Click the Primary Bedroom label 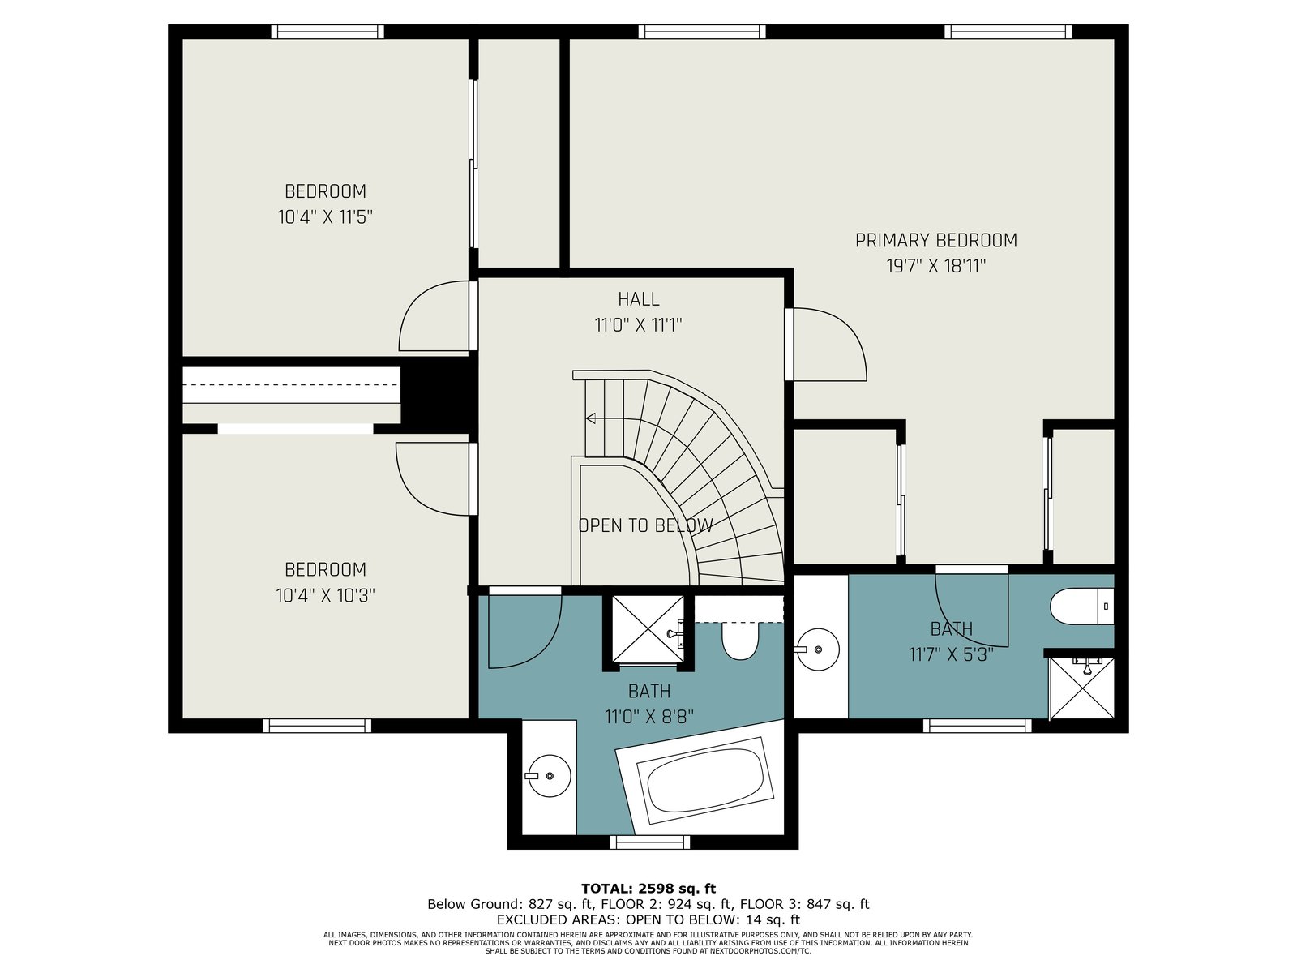pyautogui.click(x=936, y=241)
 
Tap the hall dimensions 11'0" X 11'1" pyautogui.click(x=638, y=325)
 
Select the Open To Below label pyautogui.click(x=646, y=525)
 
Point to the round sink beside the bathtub pyautogui.click(x=549, y=776)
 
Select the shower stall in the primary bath pyautogui.click(x=1081, y=689)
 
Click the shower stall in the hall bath pyautogui.click(x=648, y=630)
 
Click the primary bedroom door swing pyautogui.click(x=829, y=344)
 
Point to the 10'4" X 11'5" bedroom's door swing pyautogui.click(x=434, y=316)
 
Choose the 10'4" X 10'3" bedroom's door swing pyautogui.click(x=433, y=479)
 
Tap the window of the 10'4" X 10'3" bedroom pyautogui.click(x=317, y=726)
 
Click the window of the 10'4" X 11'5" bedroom pyautogui.click(x=327, y=32)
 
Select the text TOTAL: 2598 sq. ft pyautogui.click(x=648, y=888)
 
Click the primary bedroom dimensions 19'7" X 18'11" pyautogui.click(x=936, y=267)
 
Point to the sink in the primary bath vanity pyautogui.click(x=817, y=649)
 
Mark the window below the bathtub pyautogui.click(x=649, y=842)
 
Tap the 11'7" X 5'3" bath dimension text pyautogui.click(x=952, y=654)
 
